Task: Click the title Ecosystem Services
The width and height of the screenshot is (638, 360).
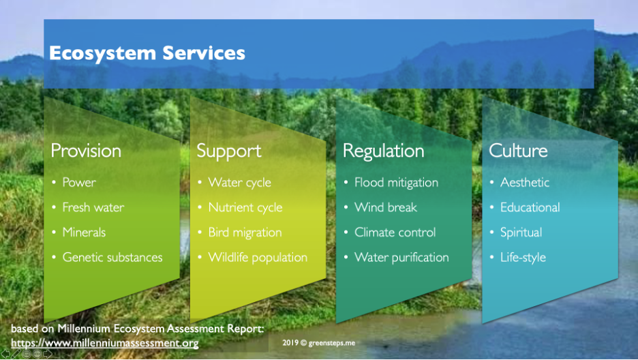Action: [147, 53]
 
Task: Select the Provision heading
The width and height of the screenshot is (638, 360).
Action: [86, 151]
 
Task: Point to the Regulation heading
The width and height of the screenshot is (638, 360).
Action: [383, 151]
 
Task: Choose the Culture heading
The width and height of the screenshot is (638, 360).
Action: [518, 151]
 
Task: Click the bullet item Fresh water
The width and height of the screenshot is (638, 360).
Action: [93, 207]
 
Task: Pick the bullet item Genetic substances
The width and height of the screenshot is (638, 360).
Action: [112, 257]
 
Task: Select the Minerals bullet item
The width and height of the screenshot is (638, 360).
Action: [84, 232]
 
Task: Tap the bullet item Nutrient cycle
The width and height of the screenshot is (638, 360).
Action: [245, 208]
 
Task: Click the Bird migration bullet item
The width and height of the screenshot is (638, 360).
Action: [245, 232]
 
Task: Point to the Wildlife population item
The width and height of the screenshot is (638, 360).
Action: [258, 258]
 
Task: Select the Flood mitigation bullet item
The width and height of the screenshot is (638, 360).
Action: [396, 183]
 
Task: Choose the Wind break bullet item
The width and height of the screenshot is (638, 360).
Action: [386, 207]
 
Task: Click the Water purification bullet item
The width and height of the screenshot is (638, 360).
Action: [401, 258]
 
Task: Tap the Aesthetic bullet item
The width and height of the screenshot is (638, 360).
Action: [525, 182]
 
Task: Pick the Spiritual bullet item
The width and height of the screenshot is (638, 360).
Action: [521, 232]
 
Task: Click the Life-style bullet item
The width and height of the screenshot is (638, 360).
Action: [523, 258]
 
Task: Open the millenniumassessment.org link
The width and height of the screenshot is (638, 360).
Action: [105, 344]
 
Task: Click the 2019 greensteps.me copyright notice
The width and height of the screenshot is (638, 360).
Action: [319, 343]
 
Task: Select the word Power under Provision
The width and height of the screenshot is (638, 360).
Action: [79, 182]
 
